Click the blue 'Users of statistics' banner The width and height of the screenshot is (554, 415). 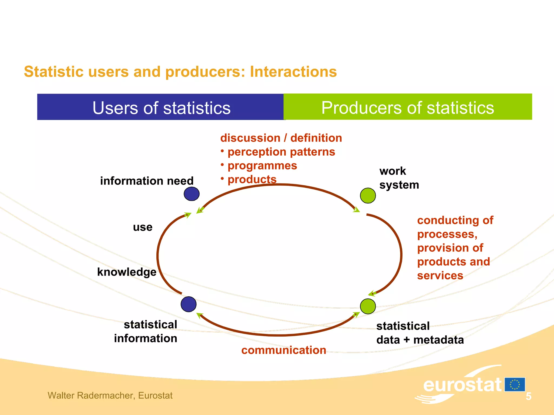click(161, 107)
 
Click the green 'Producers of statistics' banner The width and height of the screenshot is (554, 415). click(407, 107)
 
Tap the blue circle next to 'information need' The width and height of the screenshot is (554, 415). click(192, 194)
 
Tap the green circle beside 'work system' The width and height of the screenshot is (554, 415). click(368, 196)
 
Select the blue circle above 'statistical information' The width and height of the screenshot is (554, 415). click(189, 304)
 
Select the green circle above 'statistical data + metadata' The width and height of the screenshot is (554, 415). click(368, 306)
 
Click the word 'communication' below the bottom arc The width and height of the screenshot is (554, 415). click(283, 350)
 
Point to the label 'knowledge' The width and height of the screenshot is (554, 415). click(127, 272)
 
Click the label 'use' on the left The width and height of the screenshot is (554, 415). click(143, 227)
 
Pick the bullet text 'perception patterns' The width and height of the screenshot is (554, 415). click(281, 152)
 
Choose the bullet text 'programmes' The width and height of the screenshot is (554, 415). click(262, 166)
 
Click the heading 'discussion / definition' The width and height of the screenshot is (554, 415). click(281, 138)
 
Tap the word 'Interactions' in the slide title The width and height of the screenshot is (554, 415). click(293, 72)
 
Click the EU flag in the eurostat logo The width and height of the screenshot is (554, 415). click(515, 384)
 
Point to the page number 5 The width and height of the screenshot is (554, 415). click(528, 396)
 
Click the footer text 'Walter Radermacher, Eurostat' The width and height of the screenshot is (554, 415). click(110, 396)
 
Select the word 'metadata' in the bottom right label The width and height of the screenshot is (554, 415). click(438, 340)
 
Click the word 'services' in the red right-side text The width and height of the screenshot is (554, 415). click(440, 276)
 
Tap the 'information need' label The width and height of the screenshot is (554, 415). click(147, 181)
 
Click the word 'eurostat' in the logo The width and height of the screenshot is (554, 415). click(462, 385)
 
